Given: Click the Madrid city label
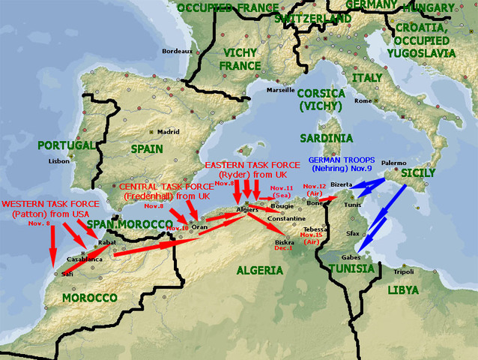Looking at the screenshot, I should pyautogui.click(x=169, y=131).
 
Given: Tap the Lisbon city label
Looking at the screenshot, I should pyautogui.click(x=58, y=160).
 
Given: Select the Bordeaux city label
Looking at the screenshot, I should pyautogui.click(x=178, y=51).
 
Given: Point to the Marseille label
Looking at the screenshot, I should pyautogui.click(x=279, y=90).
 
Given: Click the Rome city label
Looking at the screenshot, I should pyautogui.click(x=363, y=100).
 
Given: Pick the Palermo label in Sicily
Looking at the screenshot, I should pyautogui.click(x=393, y=163).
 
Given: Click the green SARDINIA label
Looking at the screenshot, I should pyautogui.click(x=326, y=139).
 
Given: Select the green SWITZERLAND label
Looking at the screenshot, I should pyautogui.click(x=312, y=18).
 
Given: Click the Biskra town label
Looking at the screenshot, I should pyautogui.click(x=284, y=242).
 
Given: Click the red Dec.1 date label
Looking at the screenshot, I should pyautogui.click(x=284, y=248).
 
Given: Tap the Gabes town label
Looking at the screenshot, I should pyautogui.click(x=341, y=257).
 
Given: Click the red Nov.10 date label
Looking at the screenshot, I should pyautogui.click(x=178, y=228).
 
